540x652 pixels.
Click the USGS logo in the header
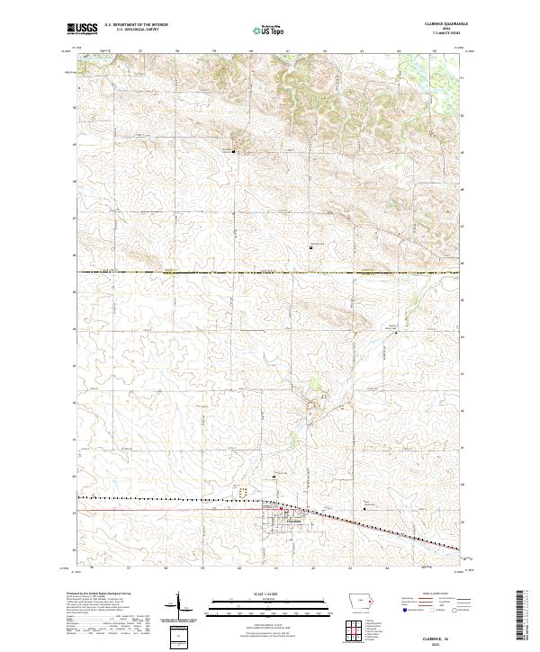pos(81,30)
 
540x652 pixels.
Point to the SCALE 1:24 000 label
pos(257,593)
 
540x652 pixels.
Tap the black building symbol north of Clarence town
pos(275,477)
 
